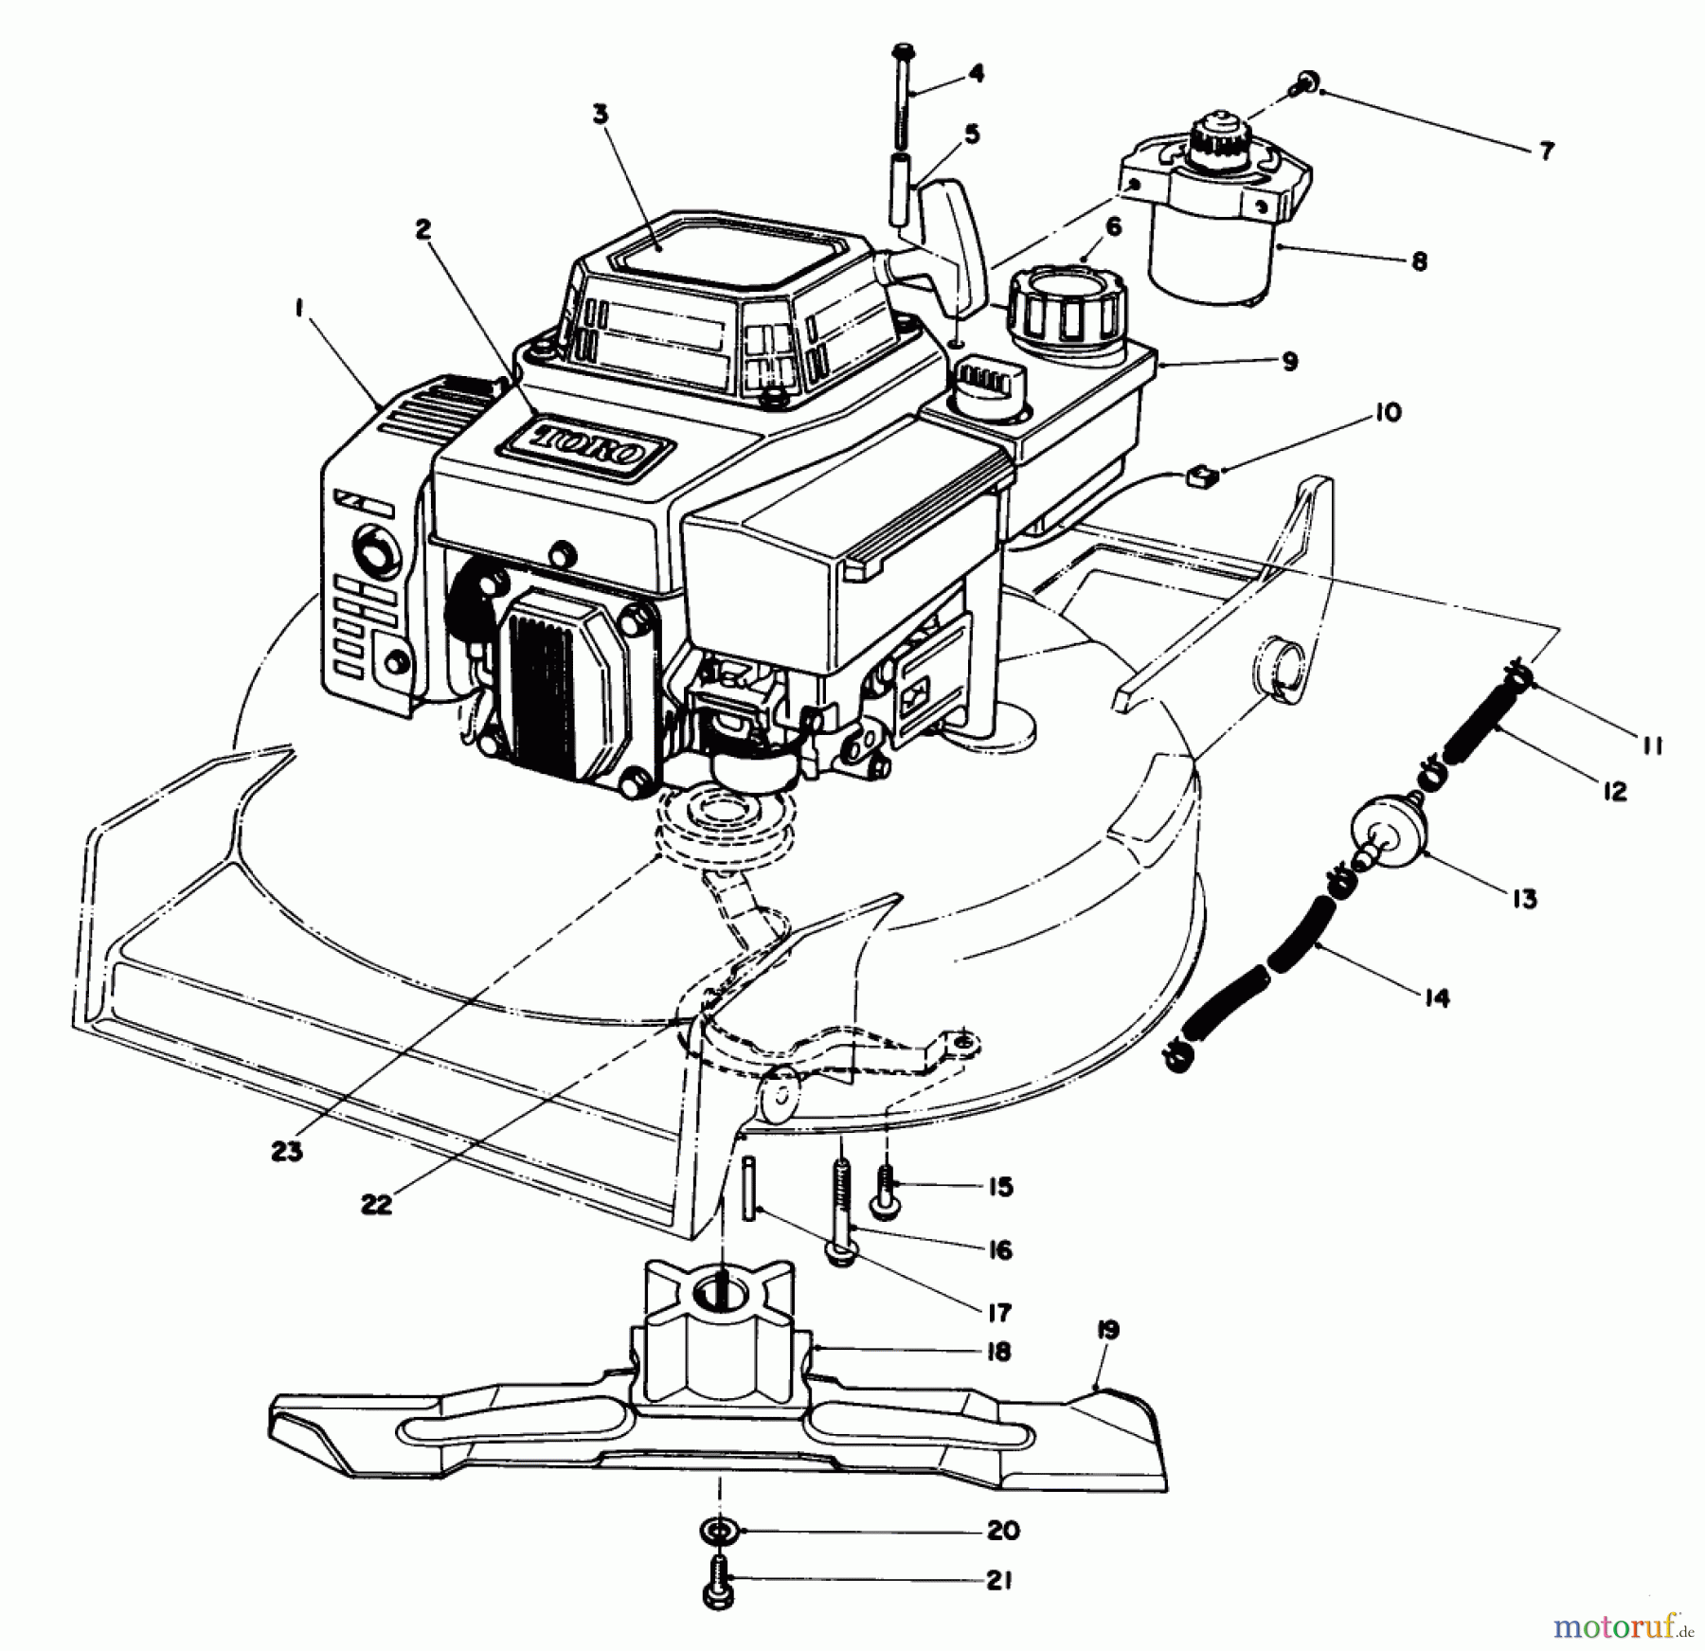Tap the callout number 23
coord(286,1152)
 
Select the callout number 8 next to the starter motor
coord(1418,260)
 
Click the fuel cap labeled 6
coord(1068,301)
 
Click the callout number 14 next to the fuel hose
coord(1436,996)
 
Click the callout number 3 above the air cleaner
coord(601,115)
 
